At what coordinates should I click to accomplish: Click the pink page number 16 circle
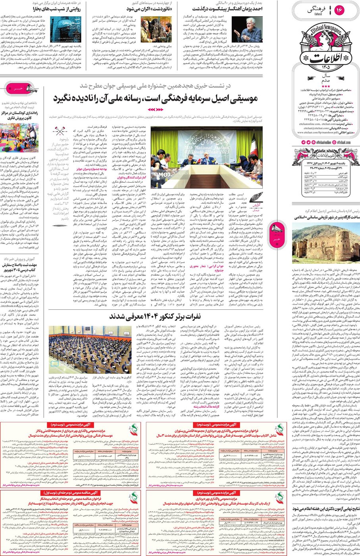point(340,10)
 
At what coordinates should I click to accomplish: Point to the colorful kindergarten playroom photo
point(19,137)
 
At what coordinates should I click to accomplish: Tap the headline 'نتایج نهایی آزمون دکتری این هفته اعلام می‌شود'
point(325,509)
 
